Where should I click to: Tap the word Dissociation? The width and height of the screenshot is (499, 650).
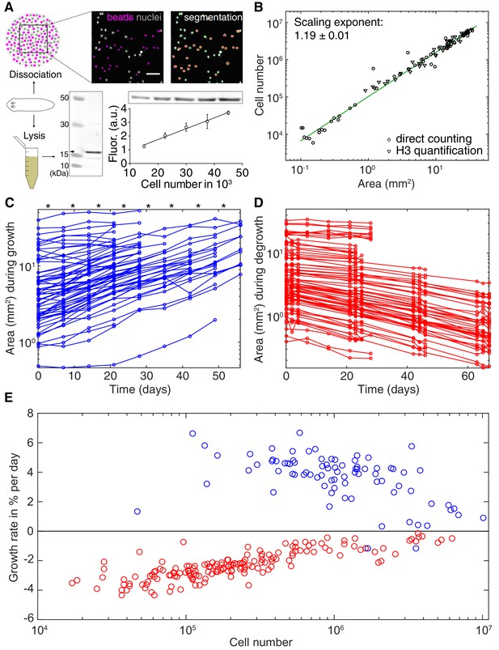click(36, 74)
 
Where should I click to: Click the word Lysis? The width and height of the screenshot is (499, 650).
click(34, 136)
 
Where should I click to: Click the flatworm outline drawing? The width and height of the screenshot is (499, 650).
click(32, 105)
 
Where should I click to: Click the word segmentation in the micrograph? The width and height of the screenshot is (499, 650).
click(213, 18)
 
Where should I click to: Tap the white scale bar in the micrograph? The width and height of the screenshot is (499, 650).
click(153, 74)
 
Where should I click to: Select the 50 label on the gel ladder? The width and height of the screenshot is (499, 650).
click(64, 98)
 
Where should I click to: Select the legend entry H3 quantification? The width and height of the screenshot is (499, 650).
click(434, 151)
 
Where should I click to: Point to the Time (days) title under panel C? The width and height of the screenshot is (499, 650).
click(140, 389)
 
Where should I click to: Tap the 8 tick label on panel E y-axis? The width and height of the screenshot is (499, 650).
click(29, 414)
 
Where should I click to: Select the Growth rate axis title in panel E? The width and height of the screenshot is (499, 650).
click(14, 516)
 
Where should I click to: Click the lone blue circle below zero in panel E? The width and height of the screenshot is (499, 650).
click(416, 548)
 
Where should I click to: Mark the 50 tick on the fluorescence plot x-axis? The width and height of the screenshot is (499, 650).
click(243, 172)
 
